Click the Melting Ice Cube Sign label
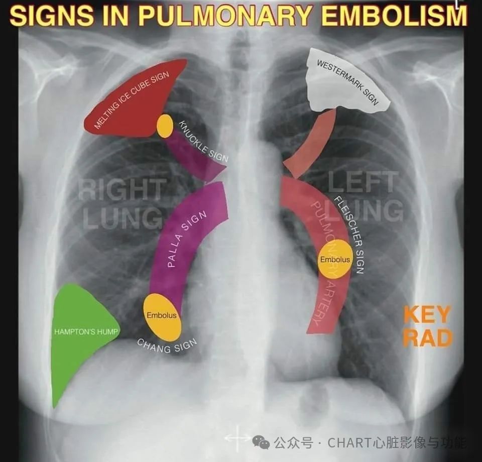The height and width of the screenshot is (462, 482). (x=132, y=100)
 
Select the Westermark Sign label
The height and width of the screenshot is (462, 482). (x=347, y=82)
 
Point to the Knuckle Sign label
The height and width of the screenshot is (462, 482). (x=203, y=141)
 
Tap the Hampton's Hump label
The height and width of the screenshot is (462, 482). (x=86, y=331)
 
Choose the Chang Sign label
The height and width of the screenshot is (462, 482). (x=166, y=346)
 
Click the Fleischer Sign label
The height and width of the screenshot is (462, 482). (x=349, y=235)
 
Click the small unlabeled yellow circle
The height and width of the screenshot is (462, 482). (x=165, y=126)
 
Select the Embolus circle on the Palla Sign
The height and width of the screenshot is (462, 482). (x=162, y=317)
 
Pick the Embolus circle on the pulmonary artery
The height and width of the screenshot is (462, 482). (x=334, y=259)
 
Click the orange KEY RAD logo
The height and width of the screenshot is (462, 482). (x=428, y=326)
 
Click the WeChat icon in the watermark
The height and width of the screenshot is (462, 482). (x=261, y=442)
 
